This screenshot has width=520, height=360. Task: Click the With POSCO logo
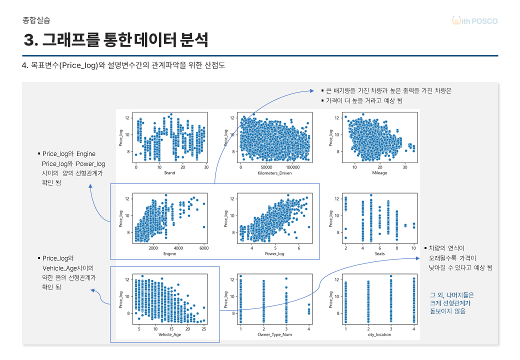click(x=474, y=21)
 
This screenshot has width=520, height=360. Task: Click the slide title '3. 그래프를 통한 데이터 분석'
click(x=115, y=39)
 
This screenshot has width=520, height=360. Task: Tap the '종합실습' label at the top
click(x=36, y=20)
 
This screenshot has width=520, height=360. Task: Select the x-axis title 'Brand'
click(x=170, y=173)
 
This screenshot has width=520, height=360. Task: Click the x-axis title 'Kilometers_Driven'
click(x=274, y=173)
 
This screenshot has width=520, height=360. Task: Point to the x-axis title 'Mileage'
click(x=379, y=173)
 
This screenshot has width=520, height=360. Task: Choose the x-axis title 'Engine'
click(x=170, y=253)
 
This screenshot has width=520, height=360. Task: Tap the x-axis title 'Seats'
click(x=379, y=253)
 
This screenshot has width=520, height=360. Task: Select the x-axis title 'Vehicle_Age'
click(x=169, y=334)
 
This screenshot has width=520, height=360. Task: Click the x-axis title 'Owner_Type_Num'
click(x=274, y=334)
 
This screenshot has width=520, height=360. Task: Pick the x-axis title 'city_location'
click(x=379, y=334)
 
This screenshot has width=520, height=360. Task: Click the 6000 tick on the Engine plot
click(x=203, y=247)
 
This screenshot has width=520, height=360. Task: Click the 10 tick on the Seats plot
click(x=413, y=247)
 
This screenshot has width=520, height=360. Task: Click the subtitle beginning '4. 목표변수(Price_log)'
click(x=123, y=65)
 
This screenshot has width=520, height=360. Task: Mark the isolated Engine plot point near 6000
click(x=204, y=227)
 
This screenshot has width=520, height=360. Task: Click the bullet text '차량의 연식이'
click(x=446, y=248)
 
